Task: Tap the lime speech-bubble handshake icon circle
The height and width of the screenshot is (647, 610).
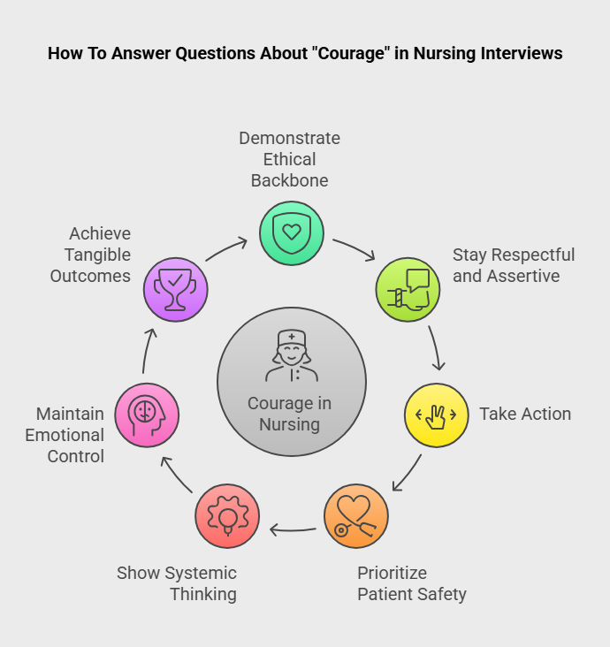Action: (x=408, y=289)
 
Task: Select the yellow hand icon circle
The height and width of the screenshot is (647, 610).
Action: (x=437, y=415)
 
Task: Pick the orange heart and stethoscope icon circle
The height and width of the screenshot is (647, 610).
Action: (x=356, y=516)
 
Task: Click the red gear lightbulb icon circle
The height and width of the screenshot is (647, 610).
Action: (x=227, y=516)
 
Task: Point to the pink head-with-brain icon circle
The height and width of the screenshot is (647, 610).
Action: (x=147, y=415)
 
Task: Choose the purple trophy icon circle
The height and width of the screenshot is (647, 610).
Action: (x=176, y=289)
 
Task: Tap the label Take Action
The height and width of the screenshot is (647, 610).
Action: (x=525, y=414)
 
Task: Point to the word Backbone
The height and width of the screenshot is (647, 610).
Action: (x=289, y=180)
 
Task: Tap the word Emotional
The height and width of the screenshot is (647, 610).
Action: (x=65, y=435)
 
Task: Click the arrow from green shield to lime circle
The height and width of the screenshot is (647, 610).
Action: (x=354, y=248)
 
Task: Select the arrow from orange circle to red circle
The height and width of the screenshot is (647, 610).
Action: (x=293, y=530)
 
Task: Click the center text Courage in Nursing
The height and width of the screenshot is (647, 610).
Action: (x=290, y=414)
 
